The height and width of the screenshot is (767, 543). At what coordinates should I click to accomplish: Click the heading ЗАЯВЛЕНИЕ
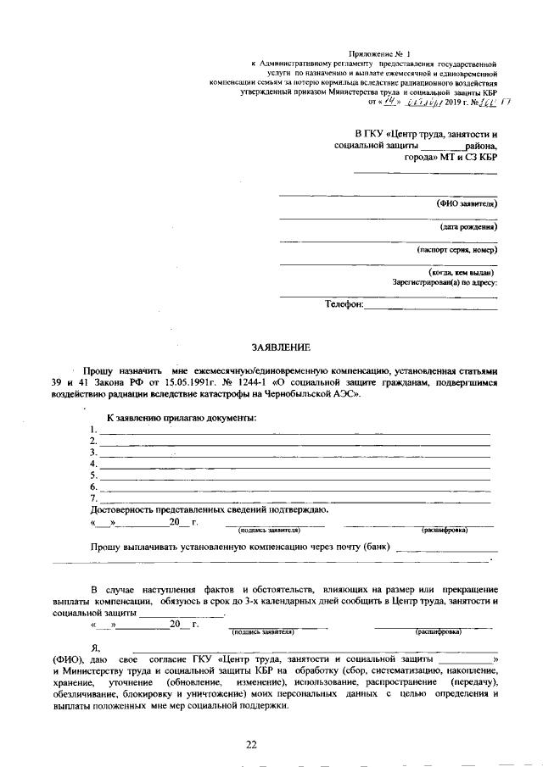(x=281, y=347)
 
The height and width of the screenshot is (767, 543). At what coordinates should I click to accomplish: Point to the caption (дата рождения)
(x=468, y=227)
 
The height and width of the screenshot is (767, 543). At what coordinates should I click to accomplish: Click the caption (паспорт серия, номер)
(x=456, y=250)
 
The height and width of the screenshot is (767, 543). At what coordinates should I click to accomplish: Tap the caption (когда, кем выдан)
(x=462, y=272)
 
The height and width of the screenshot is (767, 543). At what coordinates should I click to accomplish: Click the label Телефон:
(x=344, y=303)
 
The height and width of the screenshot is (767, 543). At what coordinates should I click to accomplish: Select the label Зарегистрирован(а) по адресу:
(x=445, y=282)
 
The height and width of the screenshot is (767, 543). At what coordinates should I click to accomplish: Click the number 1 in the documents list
(x=92, y=431)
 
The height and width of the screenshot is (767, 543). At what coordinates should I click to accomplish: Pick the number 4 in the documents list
(x=92, y=464)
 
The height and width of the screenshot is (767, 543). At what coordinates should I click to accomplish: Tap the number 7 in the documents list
(x=92, y=498)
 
